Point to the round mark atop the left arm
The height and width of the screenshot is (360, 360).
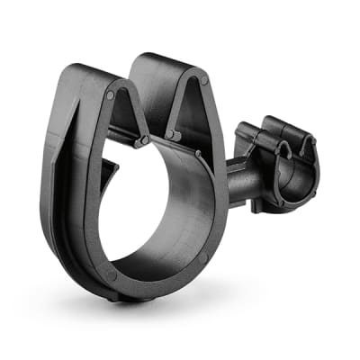[x=110, y=94]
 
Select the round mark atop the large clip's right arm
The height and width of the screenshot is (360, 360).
[x=204, y=82]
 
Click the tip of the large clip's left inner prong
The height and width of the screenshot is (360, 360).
[x=141, y=140]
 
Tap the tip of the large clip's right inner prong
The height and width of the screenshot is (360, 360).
[x=171, y=136]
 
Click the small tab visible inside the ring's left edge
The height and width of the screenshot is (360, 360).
[x=107, y=171]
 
